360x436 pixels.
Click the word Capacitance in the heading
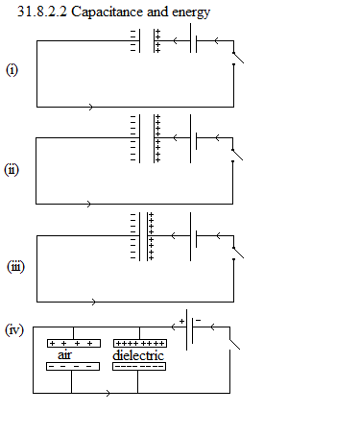coord(108,12)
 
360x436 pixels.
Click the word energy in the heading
coord(191,13)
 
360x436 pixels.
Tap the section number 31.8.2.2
coord(42,12)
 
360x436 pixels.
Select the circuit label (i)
coord(12,70)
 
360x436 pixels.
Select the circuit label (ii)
coord(12,169)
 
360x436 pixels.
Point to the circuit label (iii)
coord(15,267)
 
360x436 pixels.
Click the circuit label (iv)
coord(14,329)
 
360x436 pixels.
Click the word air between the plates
coord(64,355)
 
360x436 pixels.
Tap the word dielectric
coord(138,355)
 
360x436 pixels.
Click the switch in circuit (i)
coord(238,58)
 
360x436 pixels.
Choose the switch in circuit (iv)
coord(234,344)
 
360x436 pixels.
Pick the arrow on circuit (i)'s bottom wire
coord(91,107)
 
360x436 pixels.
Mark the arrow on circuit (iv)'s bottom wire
coord(108,393)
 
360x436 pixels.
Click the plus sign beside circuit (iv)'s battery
coord(181,321)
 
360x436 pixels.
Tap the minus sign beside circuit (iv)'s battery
coord(199,320)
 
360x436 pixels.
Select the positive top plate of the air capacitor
coord(74,343)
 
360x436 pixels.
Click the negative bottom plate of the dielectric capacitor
coord(139,366)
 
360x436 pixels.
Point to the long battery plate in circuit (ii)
coord(190,138)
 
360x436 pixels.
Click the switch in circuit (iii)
coord(238,253)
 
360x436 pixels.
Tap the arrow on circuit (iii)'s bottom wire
coord(93,302)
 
